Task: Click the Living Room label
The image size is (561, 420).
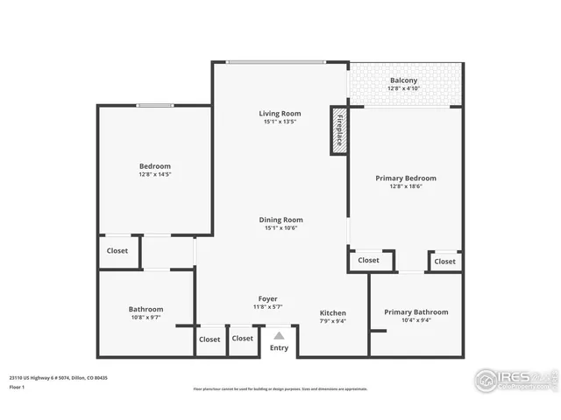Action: pyautogui.click(x=280, y=114)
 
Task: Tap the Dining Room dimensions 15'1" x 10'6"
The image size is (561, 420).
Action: pyautogui.click(x=280, y=228)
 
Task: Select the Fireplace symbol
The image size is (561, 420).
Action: pyautogui.click(x=339, y=131)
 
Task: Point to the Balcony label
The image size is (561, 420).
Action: pyautogui.click(x=404, y=80)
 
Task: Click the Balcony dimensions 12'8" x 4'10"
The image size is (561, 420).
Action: pyautogui.click(x=404, y=88)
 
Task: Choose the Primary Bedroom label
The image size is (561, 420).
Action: pyautogui.click(x=406, y=178)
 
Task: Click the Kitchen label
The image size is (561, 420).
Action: pyautogui.click(x=332, y=313)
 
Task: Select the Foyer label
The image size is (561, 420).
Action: pyautogui.click(x=267, y=299)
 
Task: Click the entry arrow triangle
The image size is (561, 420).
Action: pyautogui.click(x=279, y=335)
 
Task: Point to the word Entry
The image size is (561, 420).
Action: pyautogui.click(x=279, y=348)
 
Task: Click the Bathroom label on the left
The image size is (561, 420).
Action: pyautogui.click(x=146, y=309)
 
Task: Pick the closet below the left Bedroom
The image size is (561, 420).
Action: pyautogui.click(x=117, y=251)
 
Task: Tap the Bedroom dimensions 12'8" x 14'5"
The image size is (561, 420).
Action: pyautogui.click(x=155, y=175)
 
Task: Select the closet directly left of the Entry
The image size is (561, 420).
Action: pyautogui.click(x=243, y=339)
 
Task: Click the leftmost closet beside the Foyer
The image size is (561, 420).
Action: pyautogui.click(x=209, y=339)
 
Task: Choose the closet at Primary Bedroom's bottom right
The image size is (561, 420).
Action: pyautogui.click(x=444, y=261)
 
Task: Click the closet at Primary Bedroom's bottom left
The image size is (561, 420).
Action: pyautogui.click(x=368, y=260)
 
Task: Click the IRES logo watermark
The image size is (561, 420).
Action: pyautogui.click(x=514, y=380)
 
